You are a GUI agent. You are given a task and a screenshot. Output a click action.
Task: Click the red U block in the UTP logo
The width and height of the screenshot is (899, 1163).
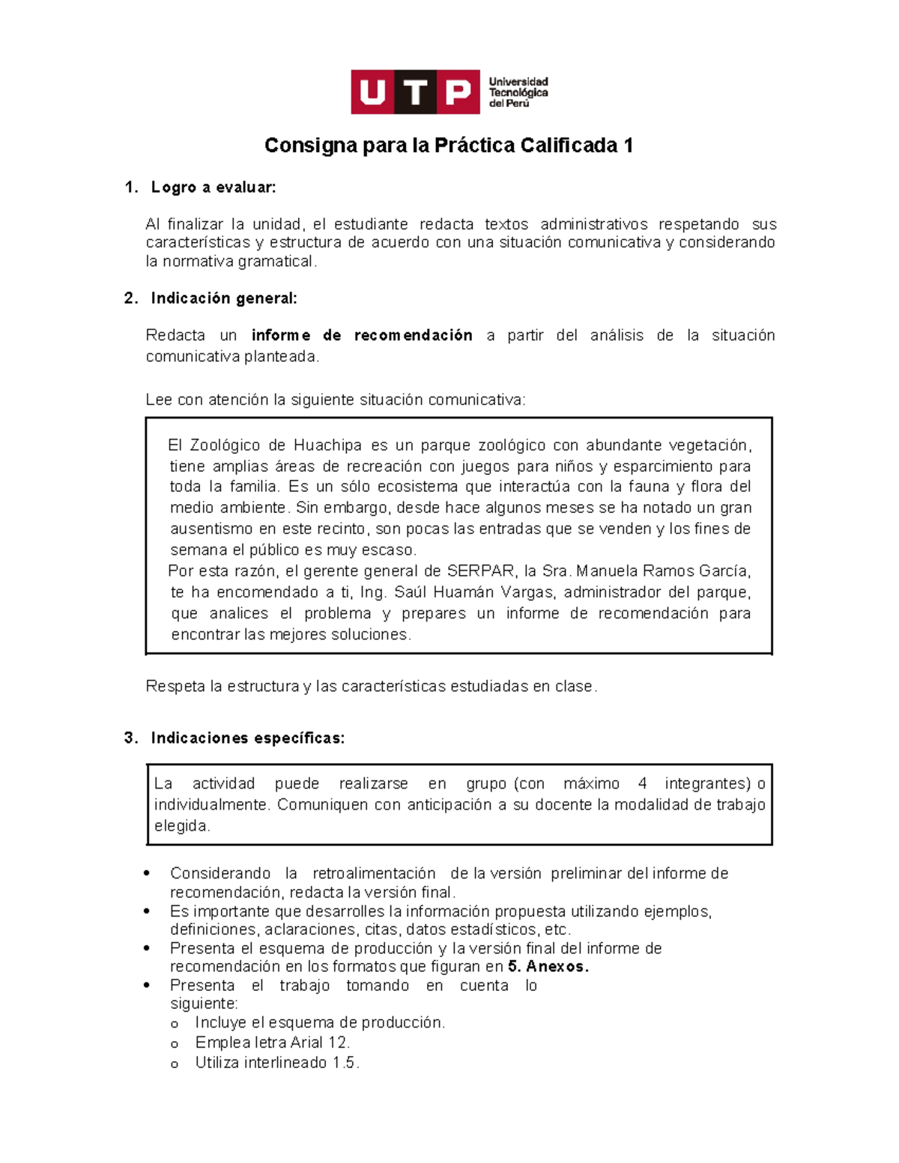click(x=372, y=92)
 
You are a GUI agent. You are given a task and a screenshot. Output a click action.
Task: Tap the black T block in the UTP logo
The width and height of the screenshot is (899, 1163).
click(x=415, y=92)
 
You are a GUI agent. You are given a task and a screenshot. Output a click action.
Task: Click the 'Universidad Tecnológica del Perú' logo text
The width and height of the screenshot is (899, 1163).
click(x=518, y=92)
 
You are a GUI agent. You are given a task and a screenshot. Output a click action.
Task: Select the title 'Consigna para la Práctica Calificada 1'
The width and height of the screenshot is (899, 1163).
click(x=449, y=145)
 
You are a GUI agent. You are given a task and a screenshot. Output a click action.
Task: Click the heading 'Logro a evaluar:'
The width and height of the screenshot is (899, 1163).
click(x=214, y=187)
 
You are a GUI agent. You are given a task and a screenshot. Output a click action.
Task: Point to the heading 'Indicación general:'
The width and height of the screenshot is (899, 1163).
click(x=224, y=298)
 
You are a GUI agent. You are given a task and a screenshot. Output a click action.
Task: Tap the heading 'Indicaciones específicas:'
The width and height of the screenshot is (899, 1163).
click(x=247, y=738)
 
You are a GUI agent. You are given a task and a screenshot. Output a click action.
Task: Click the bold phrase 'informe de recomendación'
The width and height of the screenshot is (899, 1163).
click(x=362, y=335)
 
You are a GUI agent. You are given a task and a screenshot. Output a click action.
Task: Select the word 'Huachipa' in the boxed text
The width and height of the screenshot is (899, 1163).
click(x=327, y=445)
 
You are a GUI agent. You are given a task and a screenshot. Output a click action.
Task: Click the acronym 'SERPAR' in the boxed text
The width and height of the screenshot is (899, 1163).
click(x=480, y=571)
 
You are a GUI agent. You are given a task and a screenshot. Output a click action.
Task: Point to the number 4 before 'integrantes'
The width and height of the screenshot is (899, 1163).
click(x=642, y=783)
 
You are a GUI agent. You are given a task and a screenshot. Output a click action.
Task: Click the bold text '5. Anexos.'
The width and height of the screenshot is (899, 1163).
click(x=548, y=966)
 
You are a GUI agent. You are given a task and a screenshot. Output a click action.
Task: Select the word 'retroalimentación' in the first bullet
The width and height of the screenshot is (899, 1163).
click(x=374, y=873)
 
